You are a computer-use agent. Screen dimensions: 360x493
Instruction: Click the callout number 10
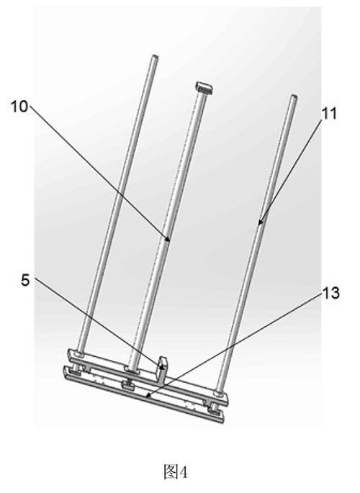click(x=19, y=107)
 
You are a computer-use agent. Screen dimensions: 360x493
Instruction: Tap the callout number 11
click(x=329, y=113)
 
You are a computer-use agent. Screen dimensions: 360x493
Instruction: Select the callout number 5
click(x=25, y=281)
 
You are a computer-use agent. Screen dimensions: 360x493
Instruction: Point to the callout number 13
click(x=330, y=293)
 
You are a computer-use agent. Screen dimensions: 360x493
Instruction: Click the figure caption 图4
click(x=176, y=471)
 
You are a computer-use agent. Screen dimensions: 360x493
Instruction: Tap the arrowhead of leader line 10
click(x=168, y=240)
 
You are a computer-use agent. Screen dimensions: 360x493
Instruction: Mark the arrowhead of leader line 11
click(x=259, y=222)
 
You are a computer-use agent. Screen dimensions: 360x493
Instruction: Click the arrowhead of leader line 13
click(x=148, y=397)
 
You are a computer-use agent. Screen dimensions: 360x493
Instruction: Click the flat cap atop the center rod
click(x=204, y=87)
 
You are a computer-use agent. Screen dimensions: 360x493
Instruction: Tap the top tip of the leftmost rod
click(x=155, y=57)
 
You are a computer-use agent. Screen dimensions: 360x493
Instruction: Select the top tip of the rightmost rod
click(x=294, y=96)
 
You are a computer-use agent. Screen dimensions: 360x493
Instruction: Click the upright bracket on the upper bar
click(x=163, y=371)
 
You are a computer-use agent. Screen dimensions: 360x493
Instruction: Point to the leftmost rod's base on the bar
click(x=79, y=355)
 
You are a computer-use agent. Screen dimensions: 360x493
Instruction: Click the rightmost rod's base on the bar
click(x=218, y=393)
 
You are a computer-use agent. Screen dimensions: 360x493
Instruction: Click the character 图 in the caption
click(x=171, y=471)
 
